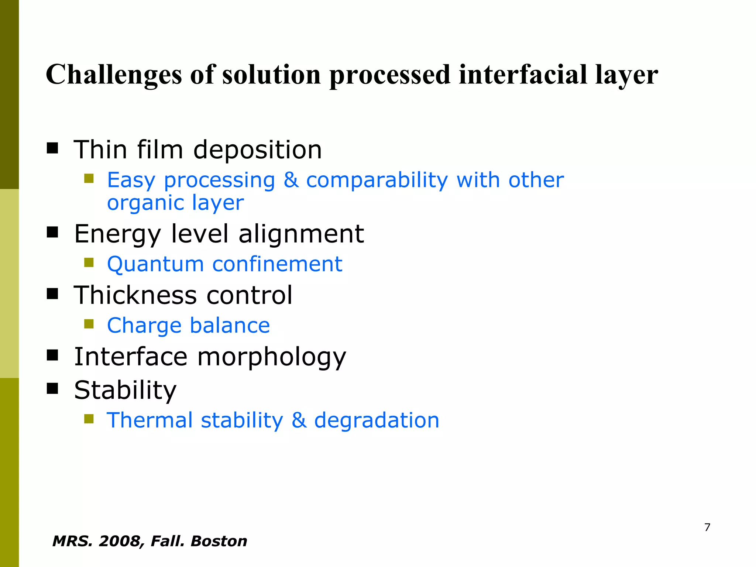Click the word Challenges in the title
pos(114,75)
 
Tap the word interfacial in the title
pos(523,74)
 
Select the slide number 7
pos(707,527)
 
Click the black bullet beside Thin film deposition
pos(52,148)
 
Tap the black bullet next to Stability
pos(52,388)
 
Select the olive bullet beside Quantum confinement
pos(89,262)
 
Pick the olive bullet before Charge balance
pos(89,324)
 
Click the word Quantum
pos(155,264)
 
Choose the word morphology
pos(272,357)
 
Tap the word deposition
pos(258,150)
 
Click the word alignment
pos(301,234)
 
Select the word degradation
pos(377,420)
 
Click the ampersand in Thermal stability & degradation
pos(299,420)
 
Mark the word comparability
pos(377,181)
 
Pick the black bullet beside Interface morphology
pos(52,355)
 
